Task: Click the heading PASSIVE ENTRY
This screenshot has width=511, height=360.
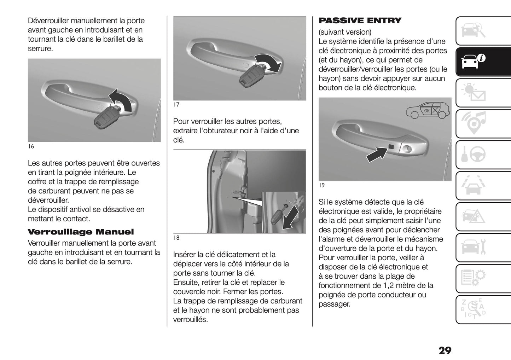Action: point(360,21)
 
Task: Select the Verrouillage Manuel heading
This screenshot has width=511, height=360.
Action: point(81,232)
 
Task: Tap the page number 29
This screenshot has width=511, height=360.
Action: point(445,350)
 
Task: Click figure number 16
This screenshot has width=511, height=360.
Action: point(31,146)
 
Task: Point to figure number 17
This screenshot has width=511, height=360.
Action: point(176,105)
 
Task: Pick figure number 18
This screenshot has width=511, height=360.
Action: point(176,238)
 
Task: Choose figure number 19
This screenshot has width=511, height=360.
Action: point(321,185)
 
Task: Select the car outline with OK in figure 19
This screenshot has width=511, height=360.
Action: point(428,111)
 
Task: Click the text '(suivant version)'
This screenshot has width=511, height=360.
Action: point(345,32)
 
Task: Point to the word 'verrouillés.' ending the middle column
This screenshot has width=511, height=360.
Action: point(190,320)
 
